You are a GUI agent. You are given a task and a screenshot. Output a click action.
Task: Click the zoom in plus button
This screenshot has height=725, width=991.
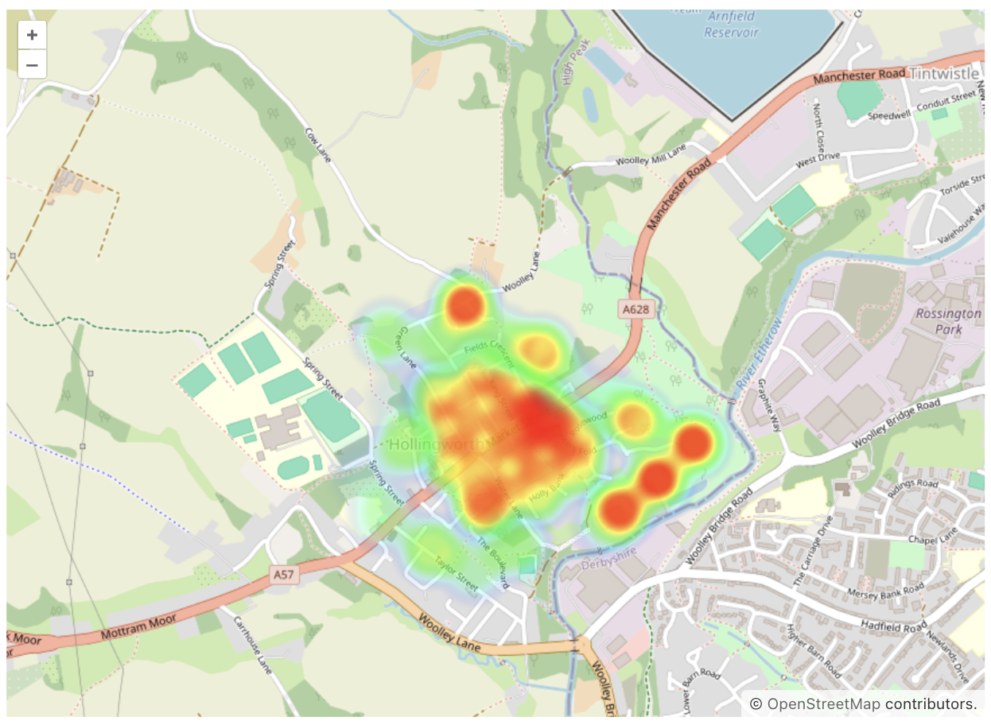tap(32, 36)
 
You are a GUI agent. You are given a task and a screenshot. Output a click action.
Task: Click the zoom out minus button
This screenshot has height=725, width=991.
tap(32, 64)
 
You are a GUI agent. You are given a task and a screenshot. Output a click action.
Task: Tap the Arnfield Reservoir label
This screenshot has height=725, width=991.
tap(731, 24)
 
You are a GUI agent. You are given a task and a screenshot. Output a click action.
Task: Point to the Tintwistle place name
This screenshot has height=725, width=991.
tap(946, 72)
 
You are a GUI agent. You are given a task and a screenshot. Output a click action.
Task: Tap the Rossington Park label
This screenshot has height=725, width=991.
tap(949, 321)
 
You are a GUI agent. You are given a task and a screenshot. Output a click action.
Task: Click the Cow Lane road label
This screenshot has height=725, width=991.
tap(317, 145)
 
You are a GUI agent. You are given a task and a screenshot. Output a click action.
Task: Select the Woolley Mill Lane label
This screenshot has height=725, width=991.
tap(651, 156)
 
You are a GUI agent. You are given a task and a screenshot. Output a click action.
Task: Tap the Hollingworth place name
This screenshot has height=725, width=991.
tap(435, 444)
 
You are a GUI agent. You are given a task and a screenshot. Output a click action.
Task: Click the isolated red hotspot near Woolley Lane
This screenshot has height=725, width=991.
tap(465, 304)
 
